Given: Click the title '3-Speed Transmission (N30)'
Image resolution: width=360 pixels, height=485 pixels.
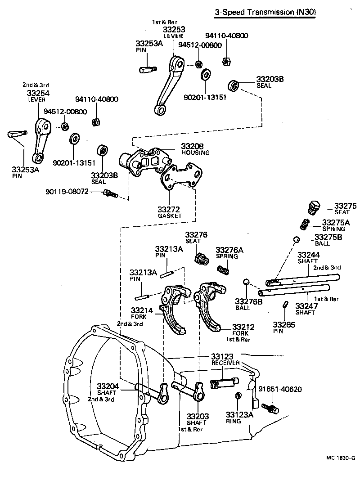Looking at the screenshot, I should (x=265, y=13).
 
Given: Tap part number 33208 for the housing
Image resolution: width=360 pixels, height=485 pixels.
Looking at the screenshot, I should (x=192, y=146).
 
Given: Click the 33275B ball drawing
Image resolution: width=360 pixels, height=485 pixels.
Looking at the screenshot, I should (x=297, y=238).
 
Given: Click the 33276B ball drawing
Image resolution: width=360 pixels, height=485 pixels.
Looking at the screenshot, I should (x=246, y=282).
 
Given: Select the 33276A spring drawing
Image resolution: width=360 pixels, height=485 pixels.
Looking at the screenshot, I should (x=223, y=269).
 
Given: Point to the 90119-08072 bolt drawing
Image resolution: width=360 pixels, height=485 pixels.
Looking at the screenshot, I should (x=109, y=193).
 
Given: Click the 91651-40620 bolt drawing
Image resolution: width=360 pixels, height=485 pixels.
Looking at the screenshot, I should (x=271, y=408).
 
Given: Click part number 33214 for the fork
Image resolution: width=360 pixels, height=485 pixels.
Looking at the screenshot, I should (x=142, y=310).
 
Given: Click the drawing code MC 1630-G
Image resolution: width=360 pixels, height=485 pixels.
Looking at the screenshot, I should (x=341, y=458).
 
